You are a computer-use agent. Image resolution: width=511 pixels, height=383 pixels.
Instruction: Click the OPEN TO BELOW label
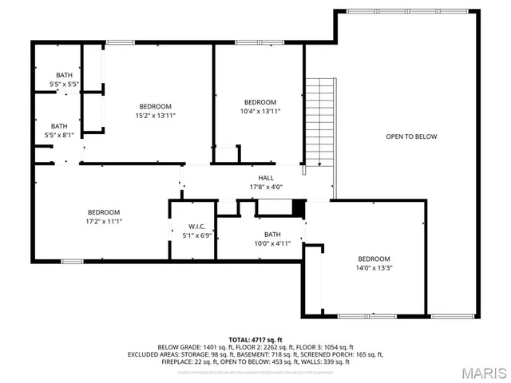tap(411, 136)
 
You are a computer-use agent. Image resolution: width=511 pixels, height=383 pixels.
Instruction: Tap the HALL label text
tap(266, 178)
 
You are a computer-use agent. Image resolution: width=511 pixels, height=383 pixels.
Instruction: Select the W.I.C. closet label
tap(197, 227)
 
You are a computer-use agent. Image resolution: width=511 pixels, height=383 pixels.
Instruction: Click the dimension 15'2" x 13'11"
tap(156, 116)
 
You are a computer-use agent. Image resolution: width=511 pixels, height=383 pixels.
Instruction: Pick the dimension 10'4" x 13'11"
tap(259, 112)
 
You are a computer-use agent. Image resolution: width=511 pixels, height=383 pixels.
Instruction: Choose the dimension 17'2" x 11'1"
tap(104, 222)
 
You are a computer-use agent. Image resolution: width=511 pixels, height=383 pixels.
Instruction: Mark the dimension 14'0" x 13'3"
tap(374, 268)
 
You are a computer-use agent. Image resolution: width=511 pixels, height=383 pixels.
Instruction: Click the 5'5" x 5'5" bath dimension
tap(63, 84)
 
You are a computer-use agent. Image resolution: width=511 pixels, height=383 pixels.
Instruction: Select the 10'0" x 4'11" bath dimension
tap(272, 243)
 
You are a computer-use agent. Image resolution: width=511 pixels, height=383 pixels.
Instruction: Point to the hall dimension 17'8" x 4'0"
tap(266, 188)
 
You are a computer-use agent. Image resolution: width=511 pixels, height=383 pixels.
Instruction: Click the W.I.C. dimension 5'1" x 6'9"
tap(197, 236)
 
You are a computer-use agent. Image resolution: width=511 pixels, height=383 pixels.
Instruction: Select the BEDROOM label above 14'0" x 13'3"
tap(374, 259)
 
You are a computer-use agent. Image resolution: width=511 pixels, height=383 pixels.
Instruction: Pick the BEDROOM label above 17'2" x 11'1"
tap(104, 212)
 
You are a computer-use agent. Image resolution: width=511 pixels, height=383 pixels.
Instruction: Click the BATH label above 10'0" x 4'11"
tap(272, 234)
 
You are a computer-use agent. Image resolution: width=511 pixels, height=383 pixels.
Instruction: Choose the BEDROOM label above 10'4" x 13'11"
tap(259, 102)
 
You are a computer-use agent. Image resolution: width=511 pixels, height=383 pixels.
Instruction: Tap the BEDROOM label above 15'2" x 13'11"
tap(156, 106)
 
